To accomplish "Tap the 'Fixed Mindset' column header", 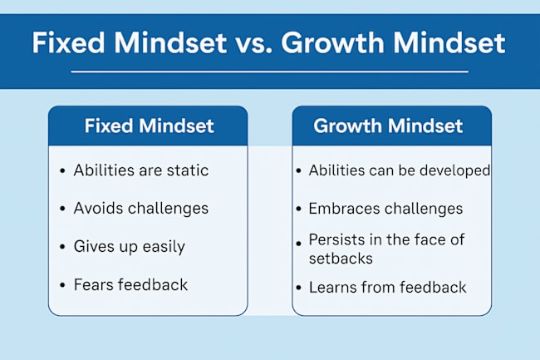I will click(149, 126).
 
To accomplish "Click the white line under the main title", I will click(269, 72).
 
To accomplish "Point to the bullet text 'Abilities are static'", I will click(140, 170).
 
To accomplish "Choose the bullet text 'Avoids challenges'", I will click(140, 208).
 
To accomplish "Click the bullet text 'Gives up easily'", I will click(129, 246).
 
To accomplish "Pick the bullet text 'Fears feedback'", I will click(130, 284).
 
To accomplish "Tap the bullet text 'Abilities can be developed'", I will click(400, 170).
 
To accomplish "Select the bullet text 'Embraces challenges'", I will click(385, 209).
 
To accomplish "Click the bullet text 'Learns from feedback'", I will click(387, 288).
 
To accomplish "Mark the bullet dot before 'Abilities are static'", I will click(62, 171).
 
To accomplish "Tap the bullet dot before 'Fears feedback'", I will click(62, 285).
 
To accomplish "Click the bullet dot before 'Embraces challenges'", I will click(298, 210).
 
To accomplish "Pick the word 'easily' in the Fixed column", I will click(164, 247).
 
